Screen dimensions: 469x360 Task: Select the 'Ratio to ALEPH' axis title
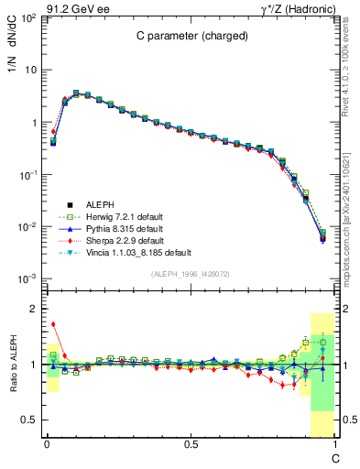[12, 365]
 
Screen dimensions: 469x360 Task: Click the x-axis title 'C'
[335, 457]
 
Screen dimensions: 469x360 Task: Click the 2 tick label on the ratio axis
[32, 309]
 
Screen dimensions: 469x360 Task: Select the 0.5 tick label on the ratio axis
[28, 420]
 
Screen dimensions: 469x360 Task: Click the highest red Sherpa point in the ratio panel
[53, 323]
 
